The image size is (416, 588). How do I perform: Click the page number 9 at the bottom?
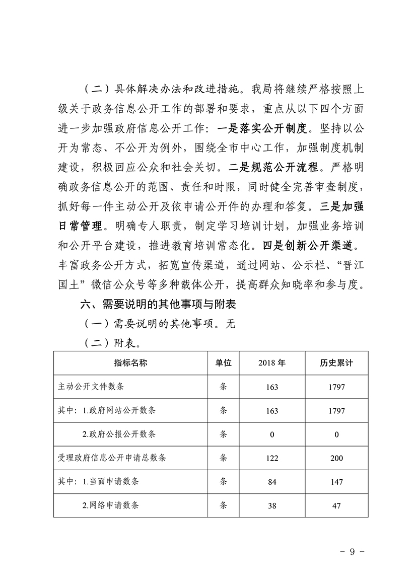coord(352,551)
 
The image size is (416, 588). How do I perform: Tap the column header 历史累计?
coord(336,363)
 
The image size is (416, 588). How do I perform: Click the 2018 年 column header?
coord(272,363)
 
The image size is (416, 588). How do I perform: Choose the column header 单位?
coord(224,363)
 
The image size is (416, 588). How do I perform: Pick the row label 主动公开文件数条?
coord(91,387)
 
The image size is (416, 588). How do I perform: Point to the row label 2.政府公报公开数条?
coord(119,434)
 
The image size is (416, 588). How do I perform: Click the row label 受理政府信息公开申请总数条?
coord(112,458)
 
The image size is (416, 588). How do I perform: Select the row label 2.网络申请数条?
coord(111,505)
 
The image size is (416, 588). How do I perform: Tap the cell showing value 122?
coord(272,458)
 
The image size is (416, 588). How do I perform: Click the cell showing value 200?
coord(336,458)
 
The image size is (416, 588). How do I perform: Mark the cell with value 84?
coord(272,482)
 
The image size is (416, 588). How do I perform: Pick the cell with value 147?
coord(336,482)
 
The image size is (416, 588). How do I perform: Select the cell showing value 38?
coord(272,505)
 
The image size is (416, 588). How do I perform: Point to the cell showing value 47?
coord(336,505)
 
